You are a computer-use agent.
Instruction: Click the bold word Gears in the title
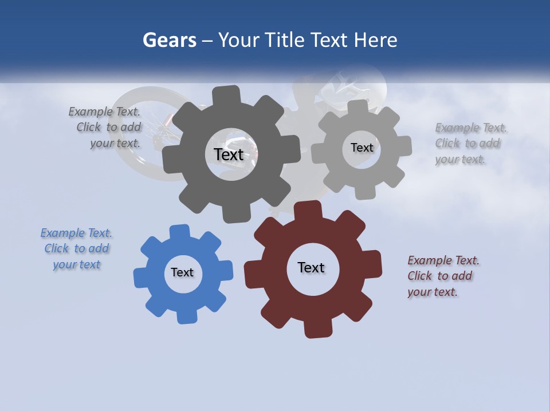pos(169,40)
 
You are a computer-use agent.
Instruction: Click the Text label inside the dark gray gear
pos(229,154)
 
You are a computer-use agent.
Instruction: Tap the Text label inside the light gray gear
pos(362,148)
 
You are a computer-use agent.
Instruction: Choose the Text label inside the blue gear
pos(182,272)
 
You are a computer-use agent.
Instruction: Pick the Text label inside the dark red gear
pos(311,267)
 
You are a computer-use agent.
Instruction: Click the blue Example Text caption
pos(77,249)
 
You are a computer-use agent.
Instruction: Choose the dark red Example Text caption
pos(443,276)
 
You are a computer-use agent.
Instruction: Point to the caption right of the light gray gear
pos(470,144)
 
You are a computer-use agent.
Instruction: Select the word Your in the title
pos(240,40)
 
